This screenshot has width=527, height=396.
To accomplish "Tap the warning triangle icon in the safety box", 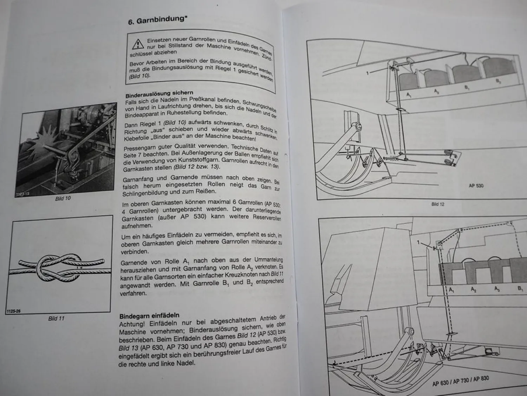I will tap(138, 44).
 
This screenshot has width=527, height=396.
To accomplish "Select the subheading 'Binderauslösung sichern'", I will tap(159, 94).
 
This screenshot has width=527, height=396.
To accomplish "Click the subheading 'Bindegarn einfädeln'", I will tap(149, 315).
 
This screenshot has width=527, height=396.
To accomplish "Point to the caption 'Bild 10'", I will tap(63, 199).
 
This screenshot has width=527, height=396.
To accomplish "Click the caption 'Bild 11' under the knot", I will tap(56, 319).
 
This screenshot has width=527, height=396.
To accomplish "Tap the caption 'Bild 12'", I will tap(438, 204).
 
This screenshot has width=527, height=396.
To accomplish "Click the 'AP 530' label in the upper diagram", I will tap(476, 186).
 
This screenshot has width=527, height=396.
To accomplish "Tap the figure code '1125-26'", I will tap(13, 311).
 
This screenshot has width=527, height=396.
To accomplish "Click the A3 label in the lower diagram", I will tap(497, 289).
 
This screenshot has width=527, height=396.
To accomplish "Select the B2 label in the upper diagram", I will tap(498, 81).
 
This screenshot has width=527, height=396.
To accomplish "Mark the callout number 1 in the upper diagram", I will tap(367, 73).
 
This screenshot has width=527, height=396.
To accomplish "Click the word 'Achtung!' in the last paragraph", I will tap(132, 324).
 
